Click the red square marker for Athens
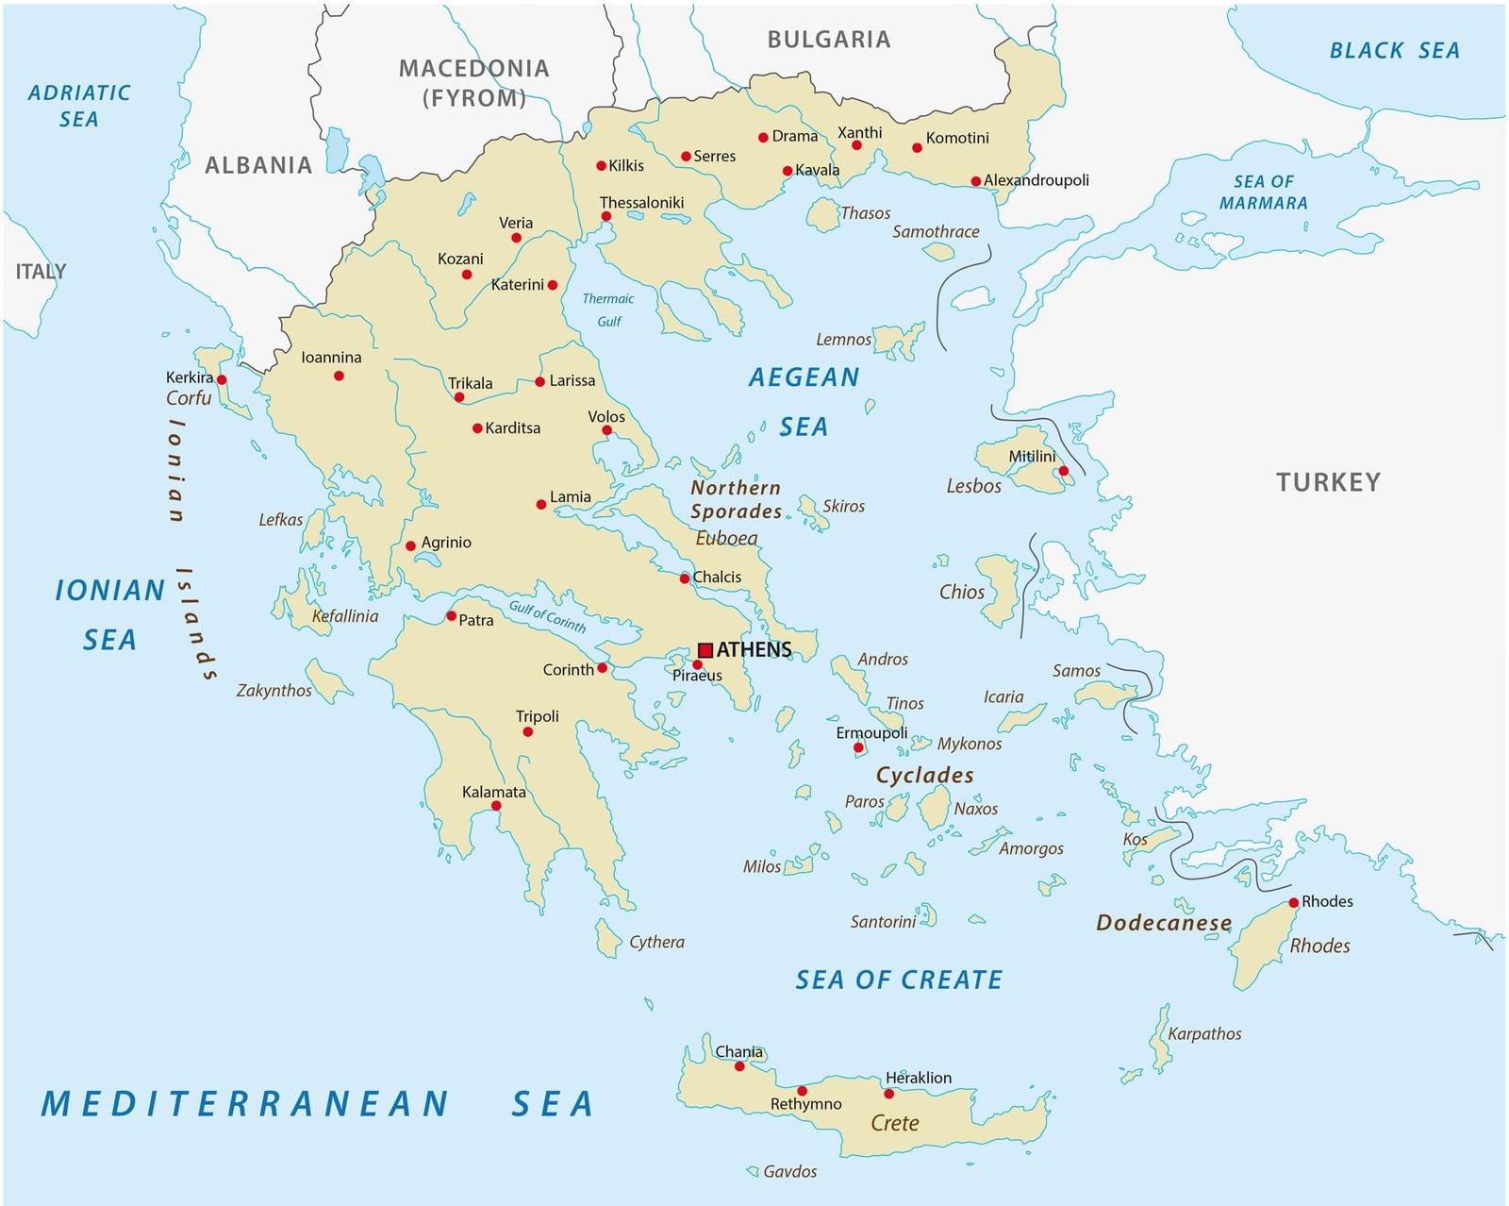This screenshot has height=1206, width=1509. coord(705,650)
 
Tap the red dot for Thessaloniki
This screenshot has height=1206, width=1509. coord(606,216)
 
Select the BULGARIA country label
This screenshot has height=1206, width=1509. coord(828,40)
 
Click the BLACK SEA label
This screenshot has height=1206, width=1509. coord(1394,51)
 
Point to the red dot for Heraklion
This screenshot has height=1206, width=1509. coord(888,1094)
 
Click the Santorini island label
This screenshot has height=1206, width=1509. coord(883,922)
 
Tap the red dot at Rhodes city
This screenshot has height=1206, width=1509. coord(1294,902)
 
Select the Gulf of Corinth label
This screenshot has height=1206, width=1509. coord(547,616)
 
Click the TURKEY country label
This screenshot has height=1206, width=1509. coord(1328,482)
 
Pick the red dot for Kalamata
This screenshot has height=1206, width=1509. coord(496,806)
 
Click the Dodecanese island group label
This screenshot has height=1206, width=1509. coord(1164,923)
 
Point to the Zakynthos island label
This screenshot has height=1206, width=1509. coord(274,691)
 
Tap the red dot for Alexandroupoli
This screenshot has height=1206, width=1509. coord(976,181)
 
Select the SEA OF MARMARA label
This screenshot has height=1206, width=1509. coord(1263,192)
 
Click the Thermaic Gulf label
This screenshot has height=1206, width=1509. coord(608,310)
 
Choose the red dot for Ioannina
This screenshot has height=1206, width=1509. coord(339,376)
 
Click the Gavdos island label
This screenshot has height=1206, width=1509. coord(789,1171)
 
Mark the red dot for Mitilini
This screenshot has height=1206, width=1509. coord(1063,471)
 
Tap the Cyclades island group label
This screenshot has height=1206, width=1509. coord(924,775)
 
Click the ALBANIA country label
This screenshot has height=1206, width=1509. coord(258,165)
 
